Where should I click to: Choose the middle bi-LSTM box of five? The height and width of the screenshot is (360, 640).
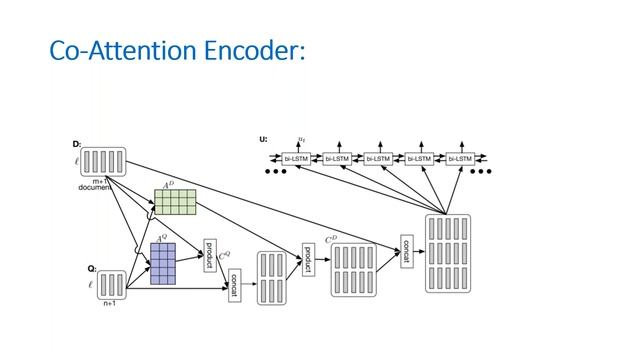coord(380,158)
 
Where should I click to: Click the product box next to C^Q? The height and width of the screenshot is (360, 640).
coord(210,254)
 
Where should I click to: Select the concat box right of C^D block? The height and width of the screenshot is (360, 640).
coord(406,251)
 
